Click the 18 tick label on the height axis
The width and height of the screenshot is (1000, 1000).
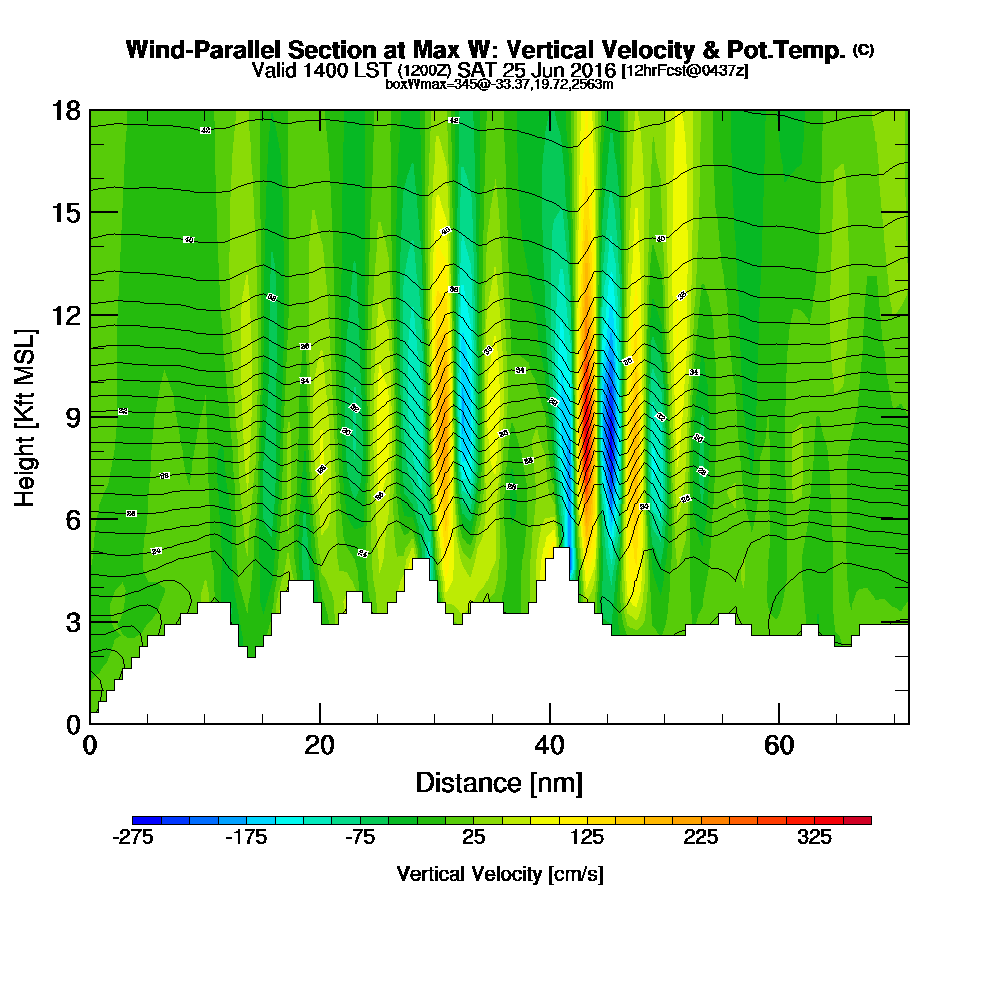click(x=67, y=110)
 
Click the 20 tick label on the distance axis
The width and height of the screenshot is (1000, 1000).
click(x=319, y=745)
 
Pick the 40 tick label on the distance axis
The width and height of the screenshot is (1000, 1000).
click(x=549, y=745)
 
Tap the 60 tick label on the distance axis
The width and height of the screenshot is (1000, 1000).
click(x=779, y=745)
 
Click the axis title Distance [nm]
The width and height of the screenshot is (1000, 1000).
click(x=499, y=782)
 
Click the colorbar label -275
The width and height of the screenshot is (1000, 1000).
click(x=133, y=839)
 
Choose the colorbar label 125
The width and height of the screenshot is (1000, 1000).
click(x=588, y=839)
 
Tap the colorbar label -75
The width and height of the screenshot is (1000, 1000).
click(x=360, y=839)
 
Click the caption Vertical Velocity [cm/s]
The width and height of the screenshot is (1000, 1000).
click(x=500, y=874)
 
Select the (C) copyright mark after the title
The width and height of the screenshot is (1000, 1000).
click(x=863, y=49)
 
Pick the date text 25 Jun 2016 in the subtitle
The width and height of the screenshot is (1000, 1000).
click(x=558, y=70)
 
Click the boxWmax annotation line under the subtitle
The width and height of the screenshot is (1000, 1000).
click(x=499, y=84)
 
